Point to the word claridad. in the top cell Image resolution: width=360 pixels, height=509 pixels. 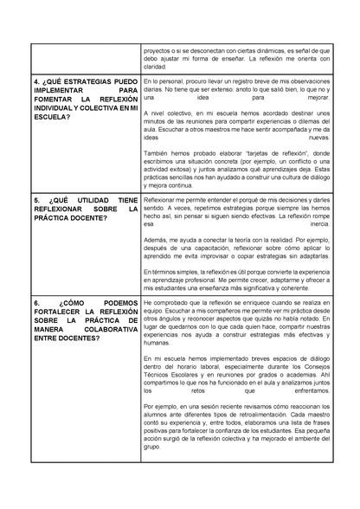point(154,66)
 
